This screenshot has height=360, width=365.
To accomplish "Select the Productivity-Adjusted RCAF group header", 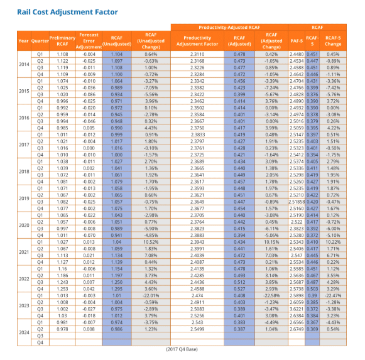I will (229, 28).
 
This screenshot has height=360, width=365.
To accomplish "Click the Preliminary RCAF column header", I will (62, 40).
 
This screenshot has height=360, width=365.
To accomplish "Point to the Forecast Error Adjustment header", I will (89, 40).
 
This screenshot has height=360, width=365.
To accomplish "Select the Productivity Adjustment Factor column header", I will (197, 40).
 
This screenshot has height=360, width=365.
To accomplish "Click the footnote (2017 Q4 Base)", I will (182, 349).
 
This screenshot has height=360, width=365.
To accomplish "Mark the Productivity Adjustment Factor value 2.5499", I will (197, 328).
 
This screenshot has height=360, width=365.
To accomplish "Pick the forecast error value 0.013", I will (89, 241).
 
